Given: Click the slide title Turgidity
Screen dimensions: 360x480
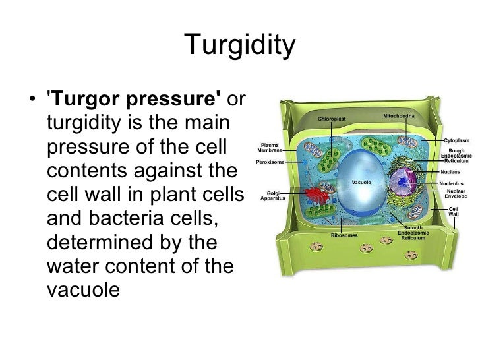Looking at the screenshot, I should tap(239, 45).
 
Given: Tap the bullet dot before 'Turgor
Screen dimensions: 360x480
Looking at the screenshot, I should tap(33, 100).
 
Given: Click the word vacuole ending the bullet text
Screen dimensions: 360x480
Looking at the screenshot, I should tap(84, 289).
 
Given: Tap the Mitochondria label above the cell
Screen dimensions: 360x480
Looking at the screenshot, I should tap(399, 116).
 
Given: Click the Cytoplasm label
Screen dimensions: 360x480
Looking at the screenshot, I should tap(456, 140).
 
